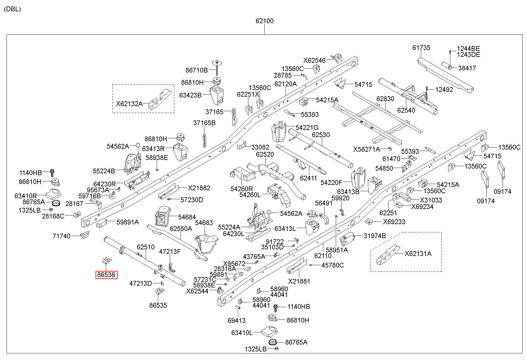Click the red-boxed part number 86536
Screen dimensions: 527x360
point(106,275)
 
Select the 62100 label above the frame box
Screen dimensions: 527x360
point(264,21)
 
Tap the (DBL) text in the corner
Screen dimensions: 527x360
point(12,9)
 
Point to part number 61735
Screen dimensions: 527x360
point(421,48)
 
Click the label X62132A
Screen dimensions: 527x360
point(129,104)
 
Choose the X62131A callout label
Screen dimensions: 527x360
point(418,254)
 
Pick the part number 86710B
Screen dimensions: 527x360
point(197,70)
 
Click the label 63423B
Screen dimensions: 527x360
point(190,95)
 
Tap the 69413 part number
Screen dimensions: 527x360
point(237,320)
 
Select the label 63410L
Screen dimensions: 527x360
point(242,333)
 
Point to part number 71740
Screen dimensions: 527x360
point(62,236)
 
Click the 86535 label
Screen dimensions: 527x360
point(158,305)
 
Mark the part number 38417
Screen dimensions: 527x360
point(467,68)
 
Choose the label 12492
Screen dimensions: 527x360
point(444,89)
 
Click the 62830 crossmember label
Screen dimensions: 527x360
point(385,99)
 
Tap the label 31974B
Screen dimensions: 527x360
point(375,236)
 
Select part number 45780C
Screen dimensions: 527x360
point(332,265)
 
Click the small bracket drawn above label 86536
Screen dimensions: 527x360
point(107,261)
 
